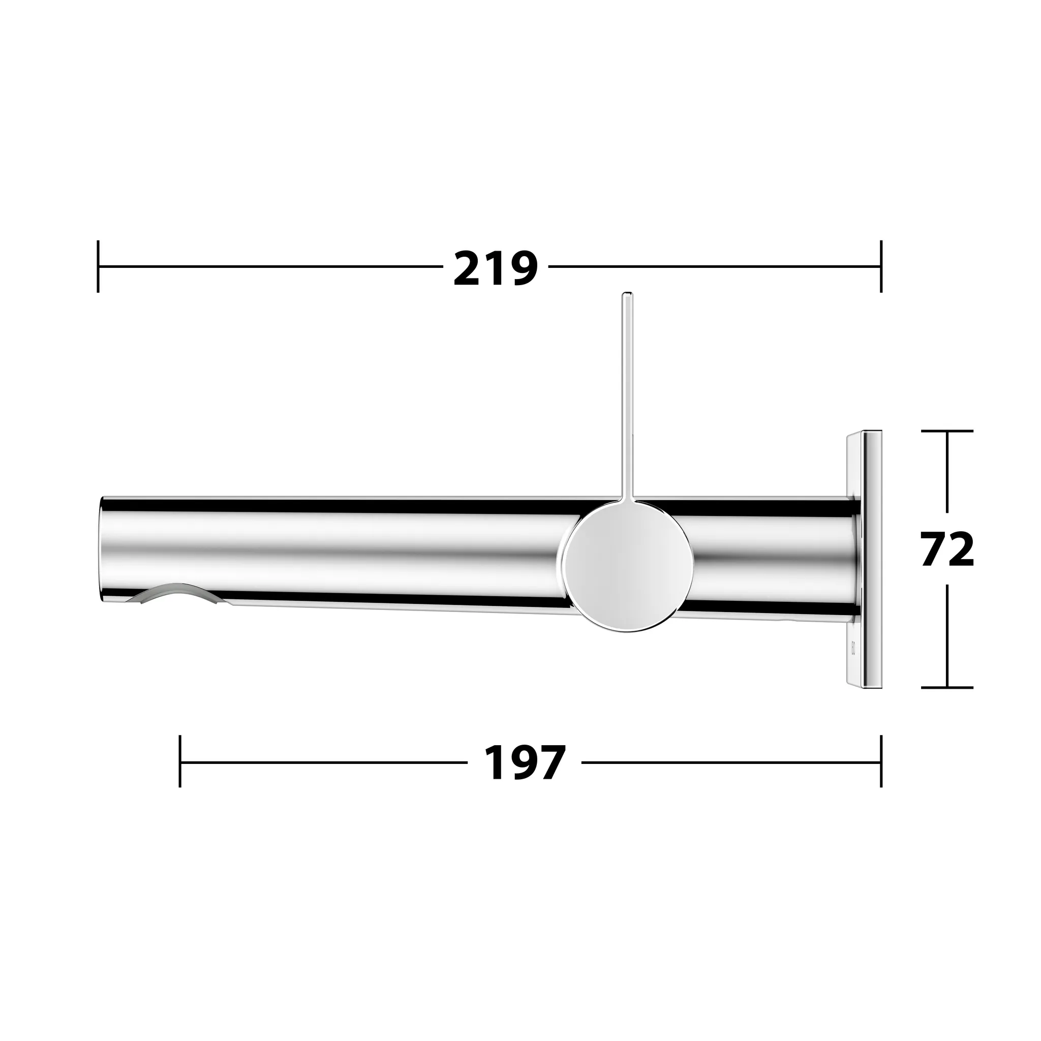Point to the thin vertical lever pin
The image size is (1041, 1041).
tap(627, 399)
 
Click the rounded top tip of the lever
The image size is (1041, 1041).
tap(627, 295)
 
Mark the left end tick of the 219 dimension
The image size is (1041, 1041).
tap(98, 266)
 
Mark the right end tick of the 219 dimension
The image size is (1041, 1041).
tap(881, 266)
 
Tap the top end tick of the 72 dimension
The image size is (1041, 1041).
tap(947, 431)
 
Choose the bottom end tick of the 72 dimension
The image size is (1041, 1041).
tap(947, 688)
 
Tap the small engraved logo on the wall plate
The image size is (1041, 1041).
tap(852, 646)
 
